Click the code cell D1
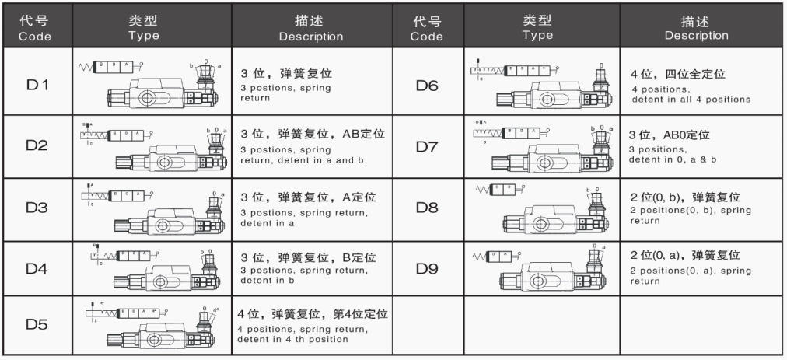coord(37,83)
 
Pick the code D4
coord(37,268)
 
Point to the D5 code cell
coord(37,321)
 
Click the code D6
coord(426,83)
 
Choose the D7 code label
coord(426,146)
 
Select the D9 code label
coord(426,268)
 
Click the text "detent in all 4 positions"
coord(690,100)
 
